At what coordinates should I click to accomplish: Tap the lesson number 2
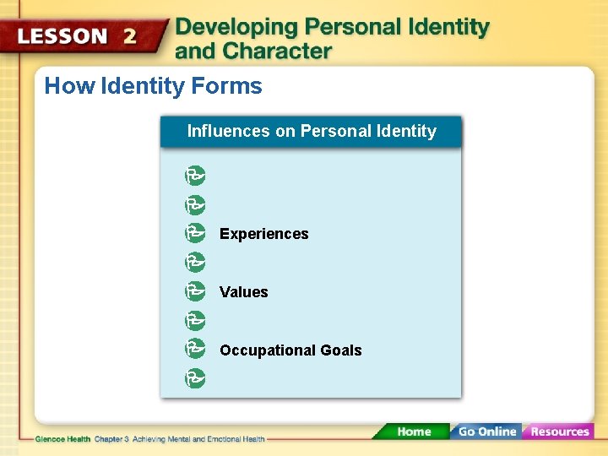(x=129, y=36)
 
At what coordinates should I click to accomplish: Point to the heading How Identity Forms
(x=153, y=86)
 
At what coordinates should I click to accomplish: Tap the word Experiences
(x=263, y=234)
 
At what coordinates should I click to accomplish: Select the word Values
(x=243, y=292)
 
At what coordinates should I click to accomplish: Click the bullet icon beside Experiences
(x=195, y=233)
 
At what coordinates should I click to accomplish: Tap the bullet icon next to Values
(x=195, y=291)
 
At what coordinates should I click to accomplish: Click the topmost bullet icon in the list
(x=195, y=176)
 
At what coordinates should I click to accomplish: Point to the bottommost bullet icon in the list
(x=195, y=378)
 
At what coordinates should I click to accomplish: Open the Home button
(x=413, y=432)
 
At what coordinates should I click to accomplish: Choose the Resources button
(x=559, y=432)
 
